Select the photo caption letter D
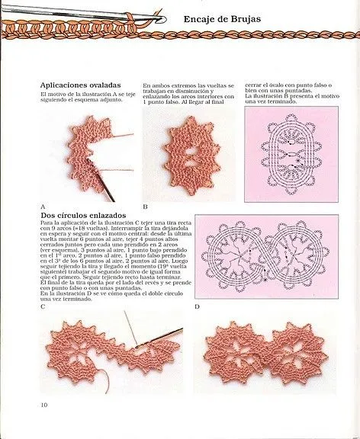click(197, 306)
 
